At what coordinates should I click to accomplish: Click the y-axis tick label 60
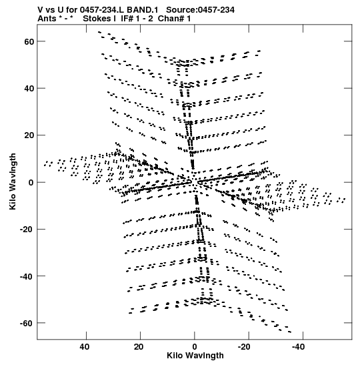coord(29,42)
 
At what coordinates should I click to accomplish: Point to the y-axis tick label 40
coord(29,89)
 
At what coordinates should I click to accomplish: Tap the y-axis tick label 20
coord(29,135)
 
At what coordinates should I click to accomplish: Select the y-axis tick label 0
coord(31,183)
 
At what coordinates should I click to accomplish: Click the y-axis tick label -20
coord(27,230)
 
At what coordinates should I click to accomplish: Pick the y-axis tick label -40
coord(27,276)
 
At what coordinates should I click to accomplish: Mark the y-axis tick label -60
coord(27,324)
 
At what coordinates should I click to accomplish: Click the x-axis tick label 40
coord(84,347)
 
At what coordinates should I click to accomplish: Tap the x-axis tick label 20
coord(139,347)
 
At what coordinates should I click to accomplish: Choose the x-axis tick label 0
coord(195,347)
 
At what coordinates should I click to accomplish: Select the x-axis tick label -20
coord(244,347)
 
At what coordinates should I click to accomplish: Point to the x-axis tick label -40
coord(298,347)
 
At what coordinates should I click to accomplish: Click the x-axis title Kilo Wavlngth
coord(195,356)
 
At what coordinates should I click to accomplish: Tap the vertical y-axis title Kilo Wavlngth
coord(13,181)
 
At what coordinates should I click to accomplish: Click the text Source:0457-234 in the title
coord(200,10)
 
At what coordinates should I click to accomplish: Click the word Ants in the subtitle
coord(47,19)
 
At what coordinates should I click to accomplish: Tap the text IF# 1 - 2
coord(137,19)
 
